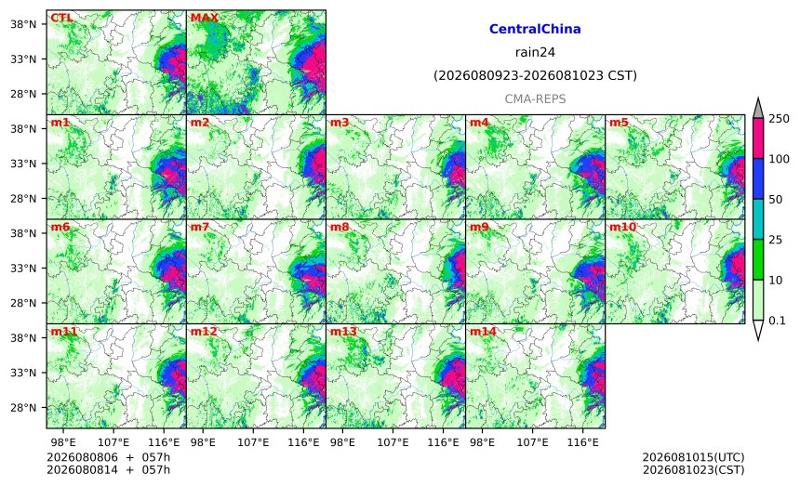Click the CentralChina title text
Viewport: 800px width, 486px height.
point(535,29)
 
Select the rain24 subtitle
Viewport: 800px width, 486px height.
point(535,52)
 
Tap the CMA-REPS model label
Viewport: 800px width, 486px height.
point(535,99)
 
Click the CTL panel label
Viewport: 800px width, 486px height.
point(61,18)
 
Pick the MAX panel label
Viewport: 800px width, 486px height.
point(204,18)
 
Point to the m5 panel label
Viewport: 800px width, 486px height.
point(619,123)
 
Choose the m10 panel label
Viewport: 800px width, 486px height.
point(622,227)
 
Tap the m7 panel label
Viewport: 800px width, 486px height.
point(200,227)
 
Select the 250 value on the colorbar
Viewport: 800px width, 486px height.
point(779,119)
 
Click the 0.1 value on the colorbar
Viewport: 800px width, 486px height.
point(777,321)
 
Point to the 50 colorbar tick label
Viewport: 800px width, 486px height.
point(776,199)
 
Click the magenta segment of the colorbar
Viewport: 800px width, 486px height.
point(757,138)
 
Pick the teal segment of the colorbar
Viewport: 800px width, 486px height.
point(757,219)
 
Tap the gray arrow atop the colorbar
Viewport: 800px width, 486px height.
point(757,108)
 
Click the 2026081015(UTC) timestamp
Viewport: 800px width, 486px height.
point(693,457)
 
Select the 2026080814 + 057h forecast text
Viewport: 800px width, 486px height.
point(108,469)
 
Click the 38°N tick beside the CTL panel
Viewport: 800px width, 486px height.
point(23,24)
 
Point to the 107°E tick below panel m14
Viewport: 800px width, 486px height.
point(533,442)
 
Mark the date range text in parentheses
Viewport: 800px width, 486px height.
point(535,76)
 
